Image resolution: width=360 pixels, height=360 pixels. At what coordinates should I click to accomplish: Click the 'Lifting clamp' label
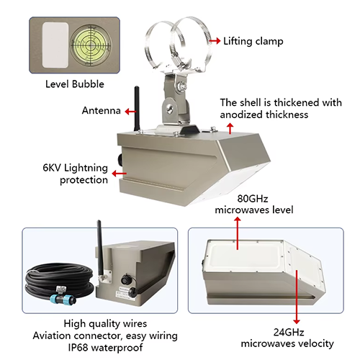[x=253, y=41]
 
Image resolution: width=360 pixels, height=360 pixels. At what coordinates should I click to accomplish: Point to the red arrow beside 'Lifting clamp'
[x=214, y=41]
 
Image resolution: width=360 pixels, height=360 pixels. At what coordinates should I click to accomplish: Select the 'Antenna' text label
[x=101, y=111]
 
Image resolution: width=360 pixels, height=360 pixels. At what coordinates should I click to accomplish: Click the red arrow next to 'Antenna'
[x=129, y=112]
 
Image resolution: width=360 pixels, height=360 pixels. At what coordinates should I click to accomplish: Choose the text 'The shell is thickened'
[x=281, y=102]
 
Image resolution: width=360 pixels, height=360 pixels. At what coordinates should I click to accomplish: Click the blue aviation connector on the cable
[x=60, y=297]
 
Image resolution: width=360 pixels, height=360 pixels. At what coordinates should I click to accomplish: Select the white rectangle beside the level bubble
[x=55, y=40]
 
